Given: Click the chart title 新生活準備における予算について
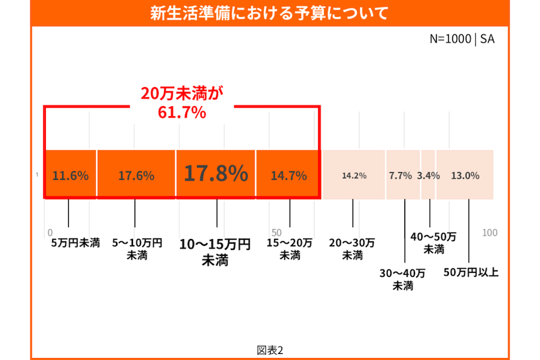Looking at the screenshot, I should click(x=269, y=14).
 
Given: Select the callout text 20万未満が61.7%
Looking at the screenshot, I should click(x=182, y=103).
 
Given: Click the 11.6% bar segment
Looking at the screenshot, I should click(x=70, y=176).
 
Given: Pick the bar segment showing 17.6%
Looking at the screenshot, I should click(x=136, y=176).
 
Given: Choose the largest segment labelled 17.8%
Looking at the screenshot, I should click(x=216, y=174).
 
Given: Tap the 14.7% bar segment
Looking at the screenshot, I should click(x=288, y=176).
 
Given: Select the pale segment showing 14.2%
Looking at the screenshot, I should click(x=354, y=176).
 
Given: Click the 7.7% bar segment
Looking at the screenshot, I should click(x=402, y=176).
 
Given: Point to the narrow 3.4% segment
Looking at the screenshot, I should click(x=429, y=176).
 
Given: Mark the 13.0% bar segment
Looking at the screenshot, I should click(x=465, y=176).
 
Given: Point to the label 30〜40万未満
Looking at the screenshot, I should click(x=402, y=280).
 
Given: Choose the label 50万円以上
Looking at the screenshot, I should click(x=470, y=273).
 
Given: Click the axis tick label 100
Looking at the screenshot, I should click(x=490, y=233).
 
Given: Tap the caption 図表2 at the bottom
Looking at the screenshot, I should click(x=269, y=350).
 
